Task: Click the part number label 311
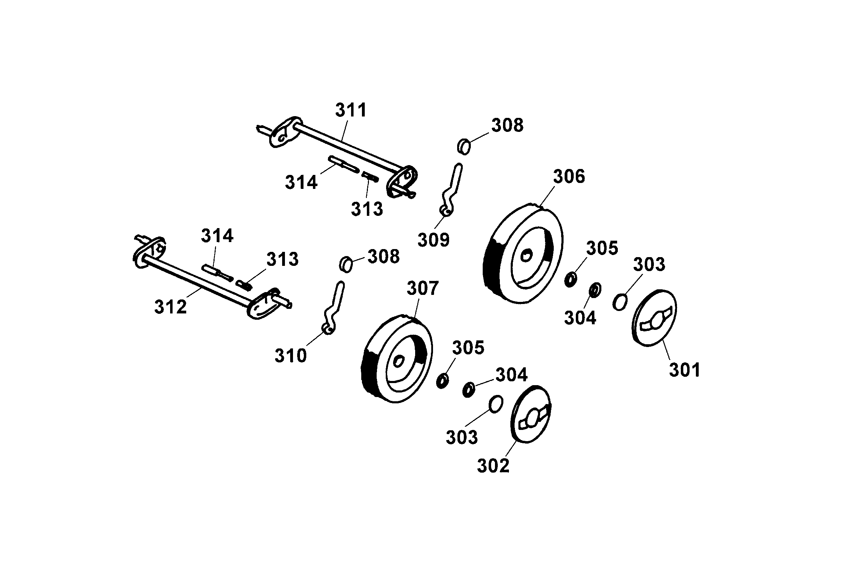(x=351, y=110)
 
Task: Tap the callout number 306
(x=568, y=177)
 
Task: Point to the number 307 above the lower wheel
(x=422, y=288)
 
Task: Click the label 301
(x=685, y=370)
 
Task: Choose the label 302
(x=493, y=466)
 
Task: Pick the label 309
(x=433, y=240)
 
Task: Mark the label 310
(x=290, y=355)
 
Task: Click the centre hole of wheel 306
(x=526, y=255)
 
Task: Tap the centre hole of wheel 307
(x=399, y=361)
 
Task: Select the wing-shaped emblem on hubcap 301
(x=655, y=319)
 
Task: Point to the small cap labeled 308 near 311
(x=464, y=147)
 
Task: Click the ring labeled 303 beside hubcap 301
(x=620, y=302)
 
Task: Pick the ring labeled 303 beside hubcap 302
(x=496, y=404)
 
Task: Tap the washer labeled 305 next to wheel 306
(x=571, y=280)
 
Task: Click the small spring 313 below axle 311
(x=370, y=177)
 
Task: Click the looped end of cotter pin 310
(x=328, y=329)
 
